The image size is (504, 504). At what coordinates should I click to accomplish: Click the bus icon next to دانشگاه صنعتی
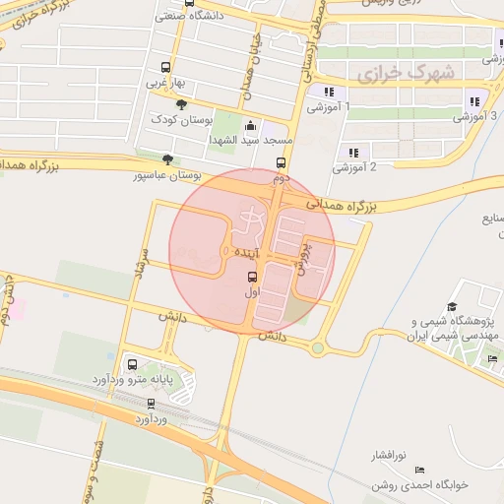161,16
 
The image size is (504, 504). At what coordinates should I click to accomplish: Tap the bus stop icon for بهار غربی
165,67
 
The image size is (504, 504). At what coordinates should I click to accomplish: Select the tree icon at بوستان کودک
180,103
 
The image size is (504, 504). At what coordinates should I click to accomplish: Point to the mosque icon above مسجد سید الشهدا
250,125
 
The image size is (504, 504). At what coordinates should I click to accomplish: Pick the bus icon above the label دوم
281,163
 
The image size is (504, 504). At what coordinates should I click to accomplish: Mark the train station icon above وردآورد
151,403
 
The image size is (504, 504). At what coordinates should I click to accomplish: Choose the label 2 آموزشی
355,167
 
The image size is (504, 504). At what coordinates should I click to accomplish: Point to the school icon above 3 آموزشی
474,100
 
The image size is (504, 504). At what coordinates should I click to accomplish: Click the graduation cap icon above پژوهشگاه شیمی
452,307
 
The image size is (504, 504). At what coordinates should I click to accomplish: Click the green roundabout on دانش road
318,347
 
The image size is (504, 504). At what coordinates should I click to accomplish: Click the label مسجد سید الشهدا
246,140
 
